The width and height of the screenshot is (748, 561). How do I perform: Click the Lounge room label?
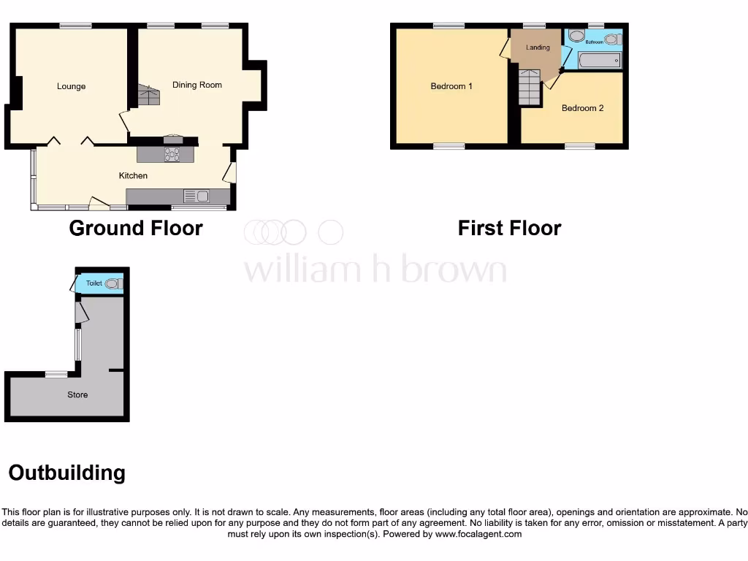[x=71, y=86]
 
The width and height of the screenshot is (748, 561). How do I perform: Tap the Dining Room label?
[x=196, y=85]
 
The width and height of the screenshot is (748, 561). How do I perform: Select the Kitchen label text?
[x=133, y=175]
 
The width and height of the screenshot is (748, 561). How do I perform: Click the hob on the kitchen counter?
[x=172, y=154]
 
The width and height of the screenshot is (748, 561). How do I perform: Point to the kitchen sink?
[x=196, y=196]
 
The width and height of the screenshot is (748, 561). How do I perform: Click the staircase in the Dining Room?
[x=148, y=95]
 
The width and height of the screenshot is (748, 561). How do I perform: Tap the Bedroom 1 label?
[x=451, y=86]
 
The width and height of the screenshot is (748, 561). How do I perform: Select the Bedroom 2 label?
[x=582, y=108]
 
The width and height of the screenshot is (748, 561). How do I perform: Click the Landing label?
[x=538, y=48]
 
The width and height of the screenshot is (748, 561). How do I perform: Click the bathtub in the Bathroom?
[x=599, y=60]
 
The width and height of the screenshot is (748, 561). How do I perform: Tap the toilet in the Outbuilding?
[x=113, y=283]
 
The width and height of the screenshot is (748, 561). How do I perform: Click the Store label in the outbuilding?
[x=77, y=394]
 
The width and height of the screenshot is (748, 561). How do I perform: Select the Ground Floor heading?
[x=135, y=228]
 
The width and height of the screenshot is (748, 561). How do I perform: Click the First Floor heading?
[x=509, y=228]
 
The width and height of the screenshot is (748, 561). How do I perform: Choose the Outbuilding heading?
[x=66, y=473]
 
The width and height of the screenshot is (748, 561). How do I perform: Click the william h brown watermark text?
[x=374, y=270]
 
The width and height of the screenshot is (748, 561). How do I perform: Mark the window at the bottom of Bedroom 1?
[x=449, y=146]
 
